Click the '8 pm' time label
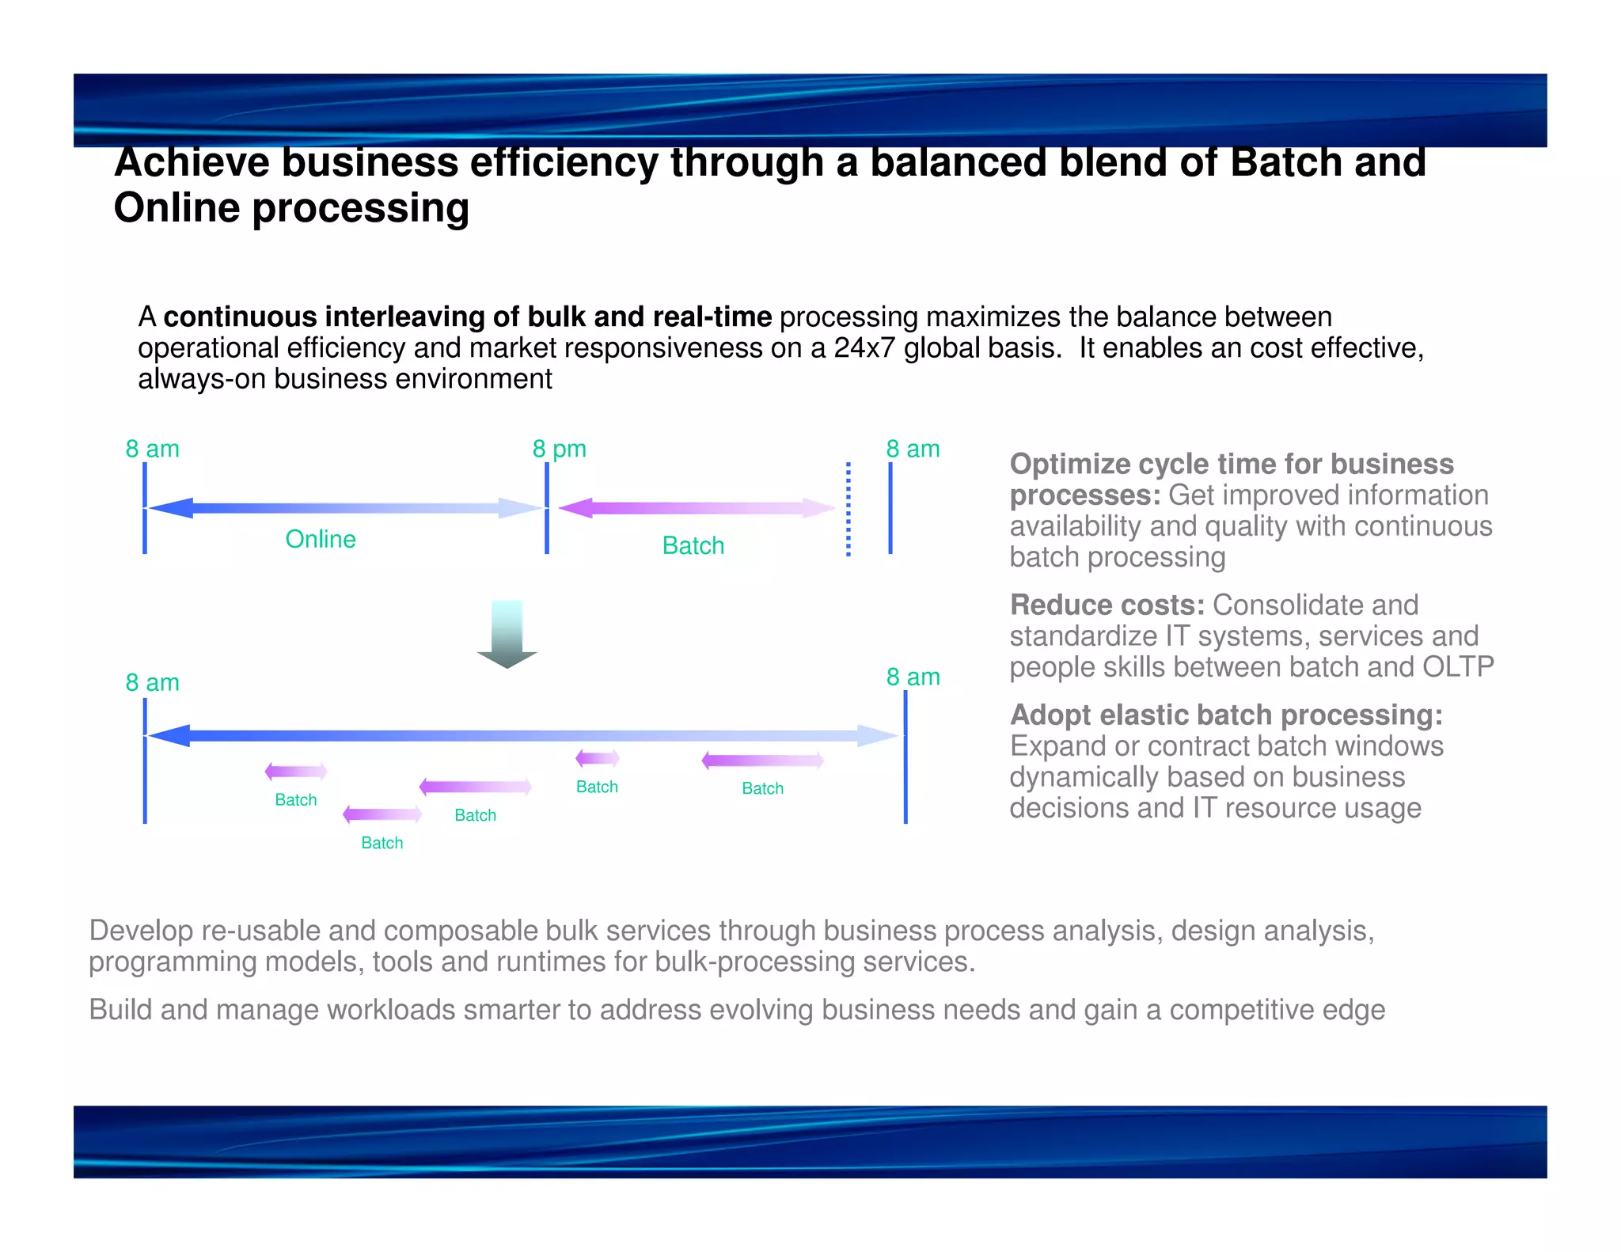pos(559,449)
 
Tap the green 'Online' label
pos(320,539)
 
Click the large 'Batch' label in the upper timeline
pos(693,545)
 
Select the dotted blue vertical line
pos(848,509)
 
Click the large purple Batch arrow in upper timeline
pos(697,508)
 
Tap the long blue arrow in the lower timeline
pos(522,736)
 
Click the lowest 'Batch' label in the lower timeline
pos(382,843)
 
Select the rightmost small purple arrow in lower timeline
pos(763,761)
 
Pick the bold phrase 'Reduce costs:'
pos(1107,605)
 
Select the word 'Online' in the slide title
pos(177,208)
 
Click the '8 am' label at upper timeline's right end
pos(913,449)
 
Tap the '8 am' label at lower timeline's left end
pos(152,682)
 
